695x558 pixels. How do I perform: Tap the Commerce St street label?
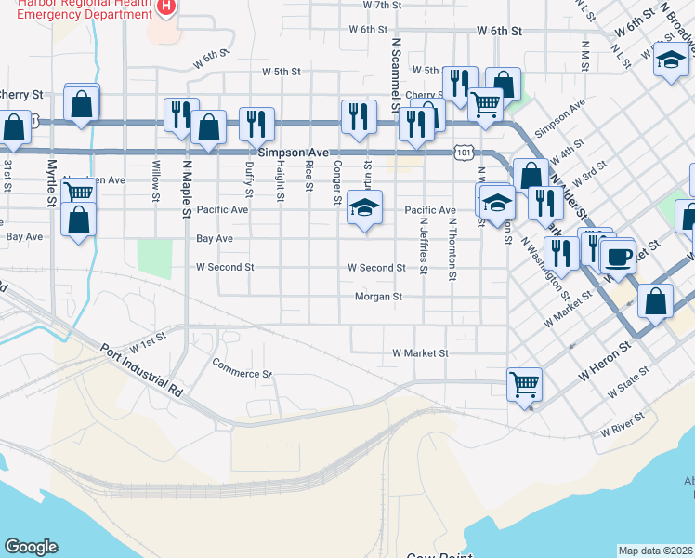(x=242, y=367)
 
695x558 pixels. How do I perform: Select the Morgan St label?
(x=377, y=297)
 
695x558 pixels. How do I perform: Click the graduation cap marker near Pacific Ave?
(x=364, y=207)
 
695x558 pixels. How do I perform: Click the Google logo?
(x=31, y=547)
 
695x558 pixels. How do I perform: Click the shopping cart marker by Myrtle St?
(x=78, y=193)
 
